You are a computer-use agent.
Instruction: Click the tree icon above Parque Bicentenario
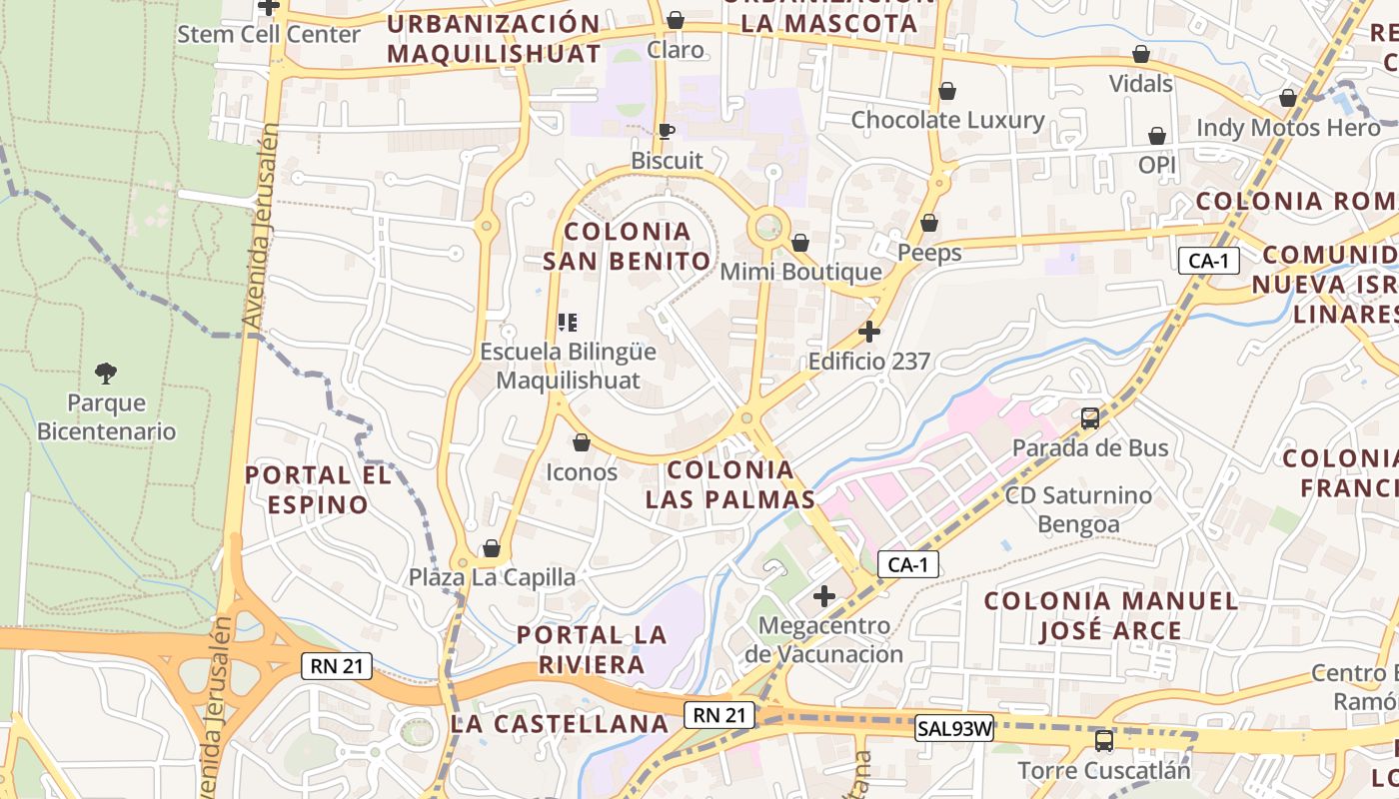(x=106, y=374)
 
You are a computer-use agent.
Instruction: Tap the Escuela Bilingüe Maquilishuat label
(x=569, y=366)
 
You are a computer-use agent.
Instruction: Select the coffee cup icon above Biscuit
(x=667, y=131)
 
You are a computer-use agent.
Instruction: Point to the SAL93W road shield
(x=954, y=729)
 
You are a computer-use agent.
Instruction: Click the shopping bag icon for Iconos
(x=582, y=442)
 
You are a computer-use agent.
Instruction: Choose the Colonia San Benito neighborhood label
(x=628, y=247)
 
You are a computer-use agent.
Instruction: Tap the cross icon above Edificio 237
(x=869, y=332)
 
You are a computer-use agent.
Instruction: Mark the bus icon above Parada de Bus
(x=1090, y=418)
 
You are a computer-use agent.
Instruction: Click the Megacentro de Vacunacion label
(x=823, y=640)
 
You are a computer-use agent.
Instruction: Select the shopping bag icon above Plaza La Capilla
(x=491, y=548)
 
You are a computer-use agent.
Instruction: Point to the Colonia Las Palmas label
(x=730, y=484)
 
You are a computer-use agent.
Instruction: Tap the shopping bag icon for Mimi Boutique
(x=799, y=243)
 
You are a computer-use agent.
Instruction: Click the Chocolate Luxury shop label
(x=947, y=121)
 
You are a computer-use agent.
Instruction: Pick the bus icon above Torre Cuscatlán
(x=1104, y=741)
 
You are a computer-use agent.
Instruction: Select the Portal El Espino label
(x=318, y=489)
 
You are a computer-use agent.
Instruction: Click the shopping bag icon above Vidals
(x=1141, y=54)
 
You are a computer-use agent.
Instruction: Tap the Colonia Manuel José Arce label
(x=1111, y=615)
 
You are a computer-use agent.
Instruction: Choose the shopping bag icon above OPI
(x=1157, y=136)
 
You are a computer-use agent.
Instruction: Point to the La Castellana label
(x=560, y=724)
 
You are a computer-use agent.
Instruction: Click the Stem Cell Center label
(x=269, y=34)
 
